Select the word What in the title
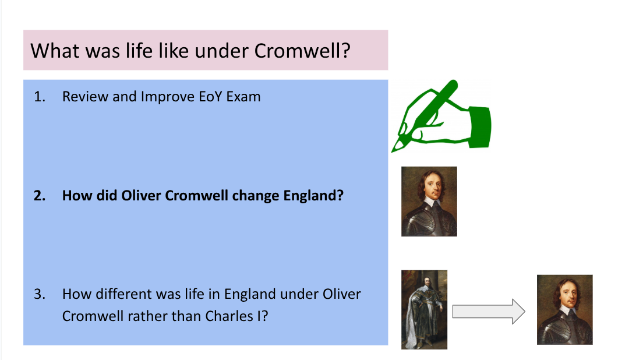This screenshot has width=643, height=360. point(52,51)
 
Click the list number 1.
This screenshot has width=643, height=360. point(40,97)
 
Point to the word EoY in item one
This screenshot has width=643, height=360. point(210,97)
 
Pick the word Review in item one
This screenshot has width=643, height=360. point(85,97)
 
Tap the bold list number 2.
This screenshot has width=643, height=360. point(40,196)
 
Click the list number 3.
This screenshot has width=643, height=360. point(40,294)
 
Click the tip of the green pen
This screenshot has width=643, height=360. point(393,151)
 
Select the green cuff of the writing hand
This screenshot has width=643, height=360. point(480,126)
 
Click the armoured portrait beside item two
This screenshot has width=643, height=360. point(429,202)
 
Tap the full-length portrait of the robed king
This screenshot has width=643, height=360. point(424,309)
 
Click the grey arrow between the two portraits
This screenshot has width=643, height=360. point(489,312)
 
